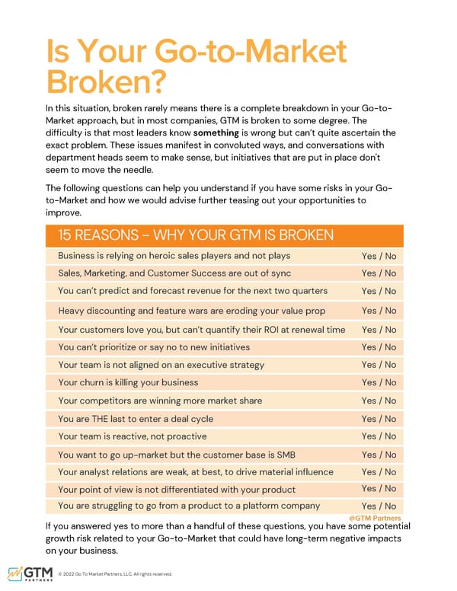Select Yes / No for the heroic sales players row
pos(379,256)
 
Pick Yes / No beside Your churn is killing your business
pos(379,382)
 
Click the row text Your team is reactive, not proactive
pos(133,436)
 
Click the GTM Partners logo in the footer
pos(30,573)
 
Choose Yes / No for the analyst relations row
pos(379,472)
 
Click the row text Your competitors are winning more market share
pos(160,401)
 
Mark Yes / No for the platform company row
pos(379,506)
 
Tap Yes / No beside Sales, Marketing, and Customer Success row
pos(379,273)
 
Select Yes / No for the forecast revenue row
pos(379,291)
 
